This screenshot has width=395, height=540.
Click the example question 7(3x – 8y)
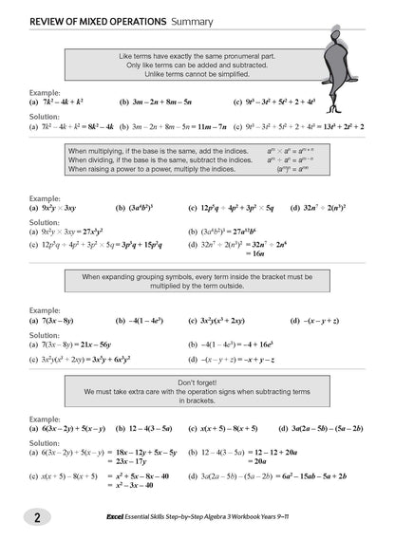pos(58,321)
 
